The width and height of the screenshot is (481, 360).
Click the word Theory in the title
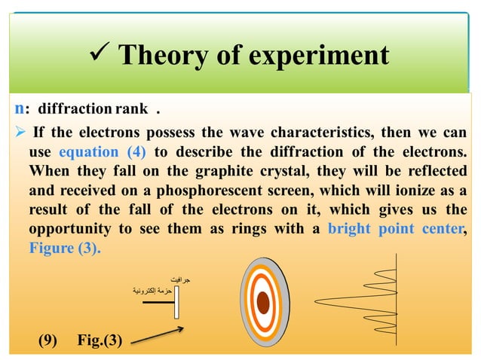[x=160, y=55]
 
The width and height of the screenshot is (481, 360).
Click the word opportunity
[x=69, y=229]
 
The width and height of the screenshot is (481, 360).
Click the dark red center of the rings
[x=263, y=303]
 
